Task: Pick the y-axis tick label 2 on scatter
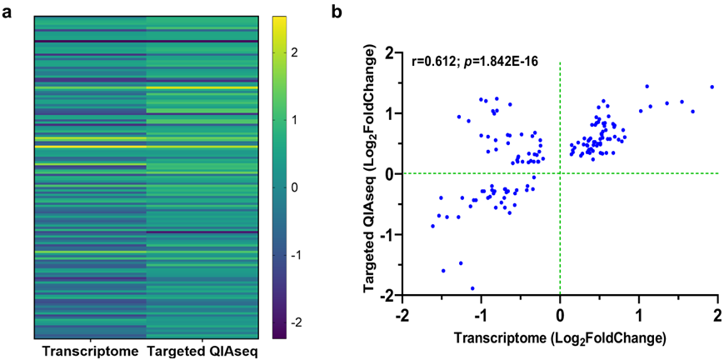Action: [x=389, y=53]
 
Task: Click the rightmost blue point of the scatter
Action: [x=712, y=87]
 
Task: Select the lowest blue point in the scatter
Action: [x=472, y=288]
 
